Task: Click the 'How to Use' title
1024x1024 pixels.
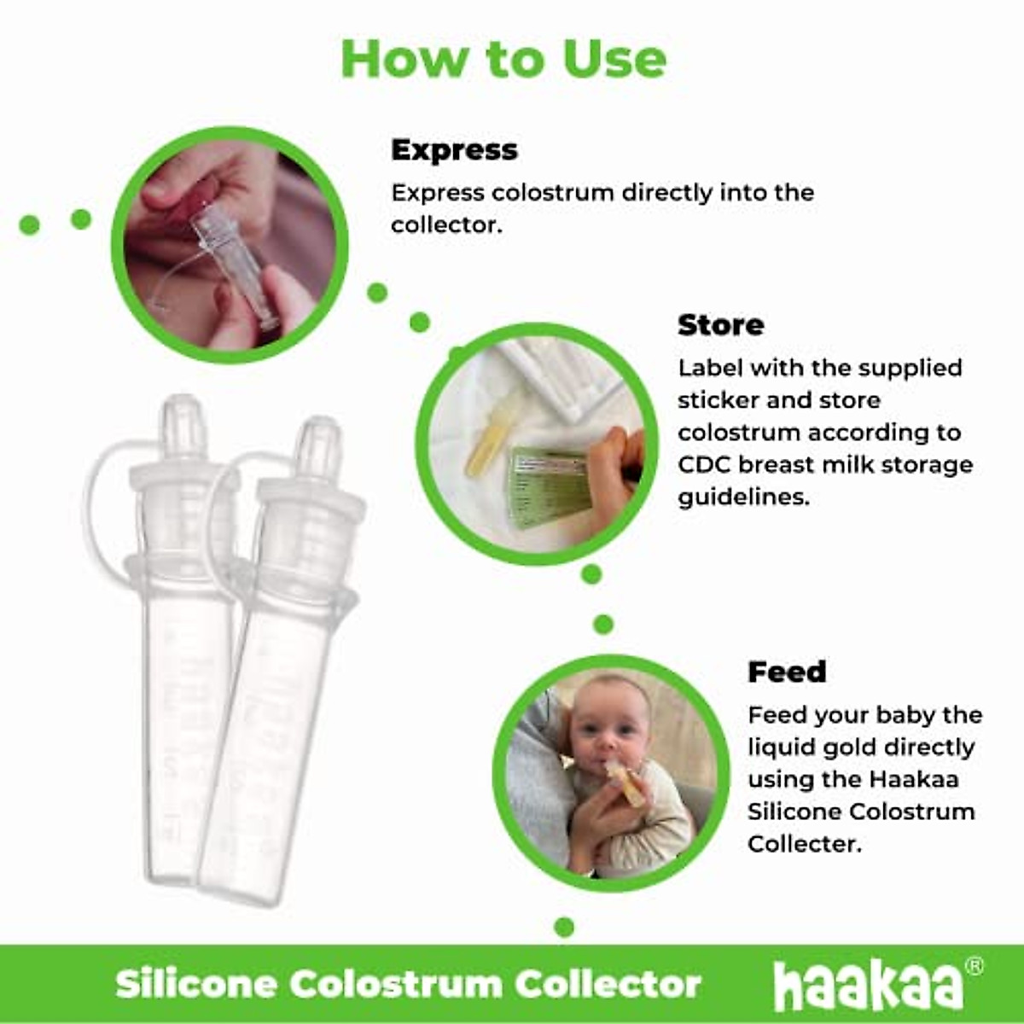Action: (503, 58)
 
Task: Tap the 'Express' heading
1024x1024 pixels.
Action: (454, 150)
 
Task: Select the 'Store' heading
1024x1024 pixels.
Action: (721, 325)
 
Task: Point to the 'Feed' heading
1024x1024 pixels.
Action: (787, 672)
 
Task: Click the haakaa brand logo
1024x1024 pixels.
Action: (867, 986)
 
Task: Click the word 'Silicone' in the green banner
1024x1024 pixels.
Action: (196, 984)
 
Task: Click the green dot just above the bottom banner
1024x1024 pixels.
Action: (564, 927)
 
